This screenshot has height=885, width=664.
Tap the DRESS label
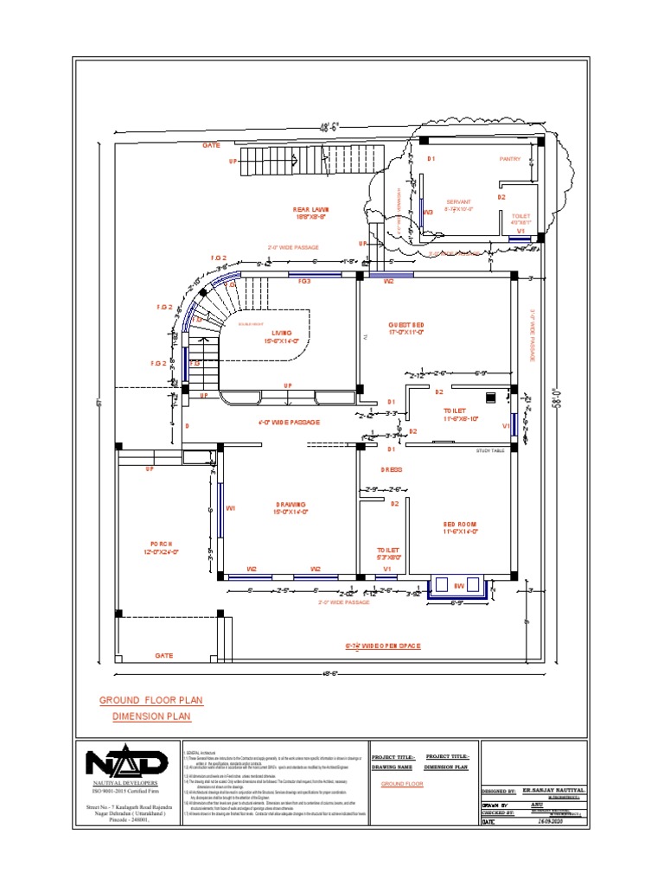[x=392, y=469]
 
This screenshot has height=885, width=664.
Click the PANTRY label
[x=511, y=159]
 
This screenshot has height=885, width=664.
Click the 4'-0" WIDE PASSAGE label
[x=289, y=423]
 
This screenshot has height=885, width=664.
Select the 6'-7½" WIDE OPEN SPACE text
[x=382, y=646]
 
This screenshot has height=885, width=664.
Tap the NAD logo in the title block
[x=126, y=761]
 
